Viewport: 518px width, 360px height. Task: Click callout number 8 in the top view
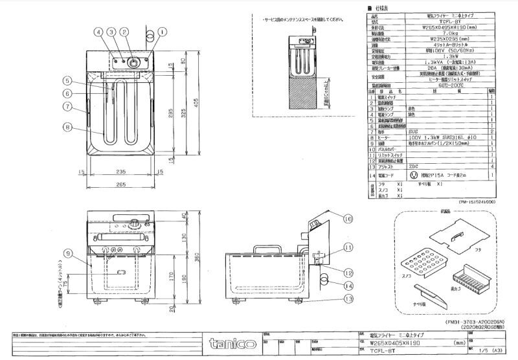coord(67,127)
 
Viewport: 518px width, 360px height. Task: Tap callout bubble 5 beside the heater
coord(67,81)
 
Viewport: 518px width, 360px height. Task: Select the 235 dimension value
coord(121,172)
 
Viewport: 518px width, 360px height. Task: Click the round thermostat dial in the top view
coord(133,62)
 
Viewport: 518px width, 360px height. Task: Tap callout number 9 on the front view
coord(67,253)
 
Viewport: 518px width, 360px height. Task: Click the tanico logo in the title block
coord(226,342)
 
